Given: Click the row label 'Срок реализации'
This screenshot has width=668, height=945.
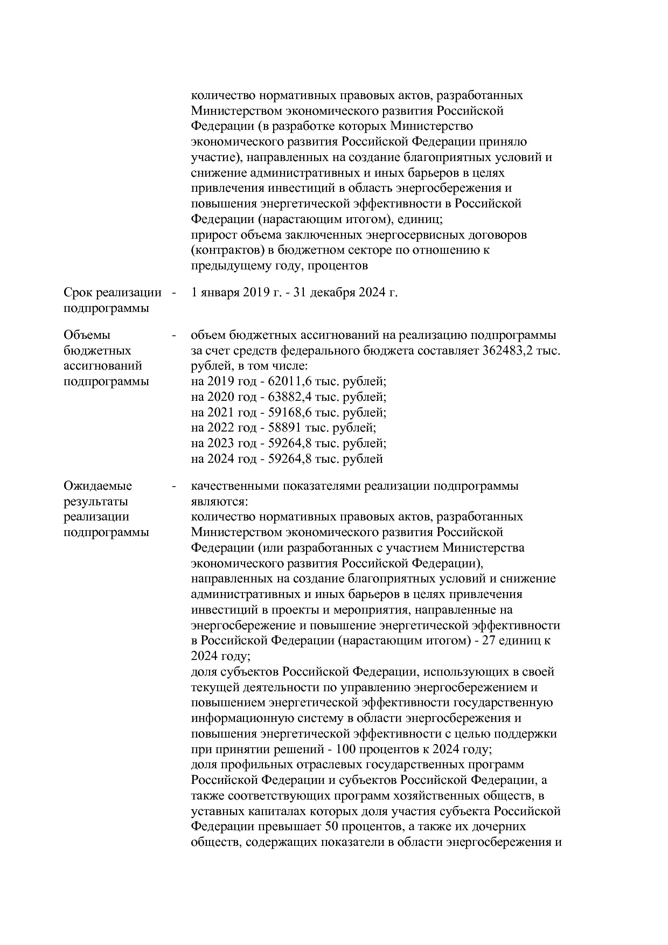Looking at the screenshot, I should [x=112, y=293].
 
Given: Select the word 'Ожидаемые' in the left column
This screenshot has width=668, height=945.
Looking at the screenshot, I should [x=98, y=486].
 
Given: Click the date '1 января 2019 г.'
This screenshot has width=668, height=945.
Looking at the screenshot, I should [x=236, y=293].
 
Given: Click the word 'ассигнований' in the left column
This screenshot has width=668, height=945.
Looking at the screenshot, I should [x=102, y=366].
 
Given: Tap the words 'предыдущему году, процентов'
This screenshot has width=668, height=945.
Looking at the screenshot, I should [x=280, y=266].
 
